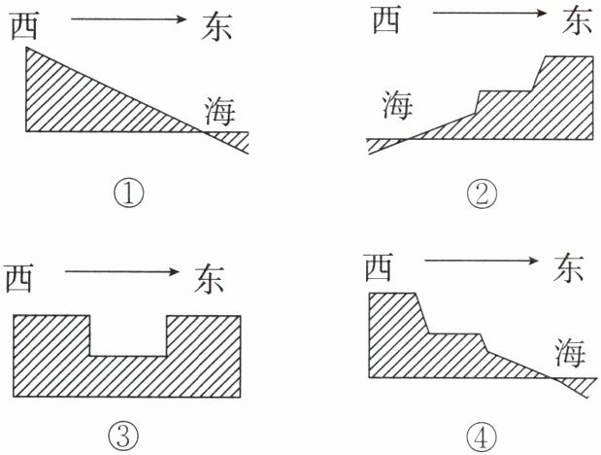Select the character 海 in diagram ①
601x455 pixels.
pyautogui.click(x=218, y=112)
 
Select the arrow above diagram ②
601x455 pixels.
pyautogui.click(x=483, y=13)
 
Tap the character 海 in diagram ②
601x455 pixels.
pyautogui.click(x=396, y=105)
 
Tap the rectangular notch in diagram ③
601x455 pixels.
pyautogui.click(x=128, y=334)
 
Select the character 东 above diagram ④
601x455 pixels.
pyautogui.click(x=568, y=267)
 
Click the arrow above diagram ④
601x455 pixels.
pyautogui.click(x=478, y=260)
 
